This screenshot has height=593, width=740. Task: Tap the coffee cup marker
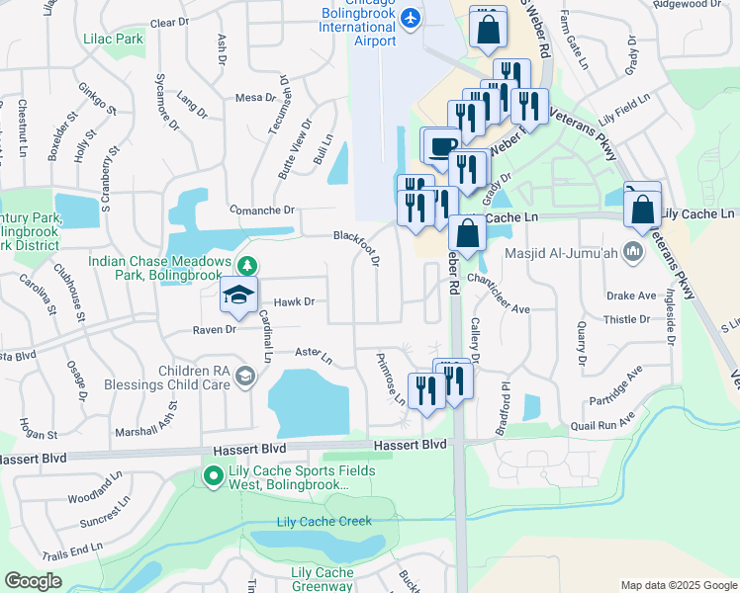[x=439, y=146]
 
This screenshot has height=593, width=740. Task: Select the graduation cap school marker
[x=237, y=295]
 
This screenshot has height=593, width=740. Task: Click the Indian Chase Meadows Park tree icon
[x=247, y=265]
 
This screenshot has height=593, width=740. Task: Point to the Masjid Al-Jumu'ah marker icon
[x=633, y=253]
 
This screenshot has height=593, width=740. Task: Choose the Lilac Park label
[x=115, y=39]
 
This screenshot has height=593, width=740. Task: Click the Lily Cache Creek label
[x=324, y=521]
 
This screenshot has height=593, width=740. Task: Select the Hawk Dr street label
[x=294, y=301]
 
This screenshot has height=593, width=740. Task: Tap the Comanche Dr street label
[x=263, y=210]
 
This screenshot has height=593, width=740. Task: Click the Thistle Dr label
[x=626, y=319]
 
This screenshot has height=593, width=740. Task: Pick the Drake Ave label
[x=631, y=296]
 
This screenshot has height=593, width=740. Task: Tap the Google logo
[x=33, y=581]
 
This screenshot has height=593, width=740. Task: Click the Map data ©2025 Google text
[x=678, y=584]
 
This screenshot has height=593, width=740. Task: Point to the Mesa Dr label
[x=254, y=97]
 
